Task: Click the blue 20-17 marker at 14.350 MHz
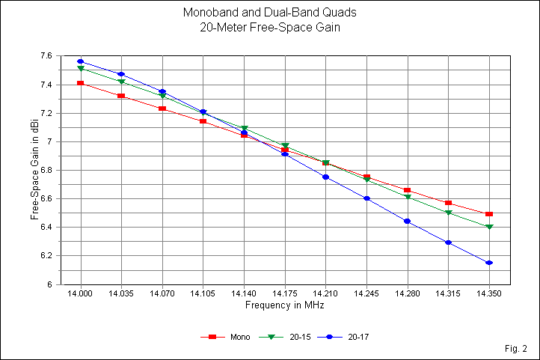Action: (x=489, y=263)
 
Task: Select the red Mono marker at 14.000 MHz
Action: (x=80, y=83)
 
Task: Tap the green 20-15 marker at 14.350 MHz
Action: (x=489, y=227)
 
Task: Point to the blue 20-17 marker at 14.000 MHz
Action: (x=80, y=61)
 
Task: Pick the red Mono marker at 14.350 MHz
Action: (x=489, y=214)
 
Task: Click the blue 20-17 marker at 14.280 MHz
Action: (x=407, y=221)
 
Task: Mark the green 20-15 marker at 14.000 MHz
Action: (x=80, y=69)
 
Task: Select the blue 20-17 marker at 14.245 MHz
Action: (x=366, y=198)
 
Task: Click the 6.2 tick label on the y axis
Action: (x=46, y=256)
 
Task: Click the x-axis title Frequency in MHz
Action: (x=284, y=306)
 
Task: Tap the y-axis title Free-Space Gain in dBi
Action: (x=34, y=170)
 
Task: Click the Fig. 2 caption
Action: (x=516, y=349)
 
